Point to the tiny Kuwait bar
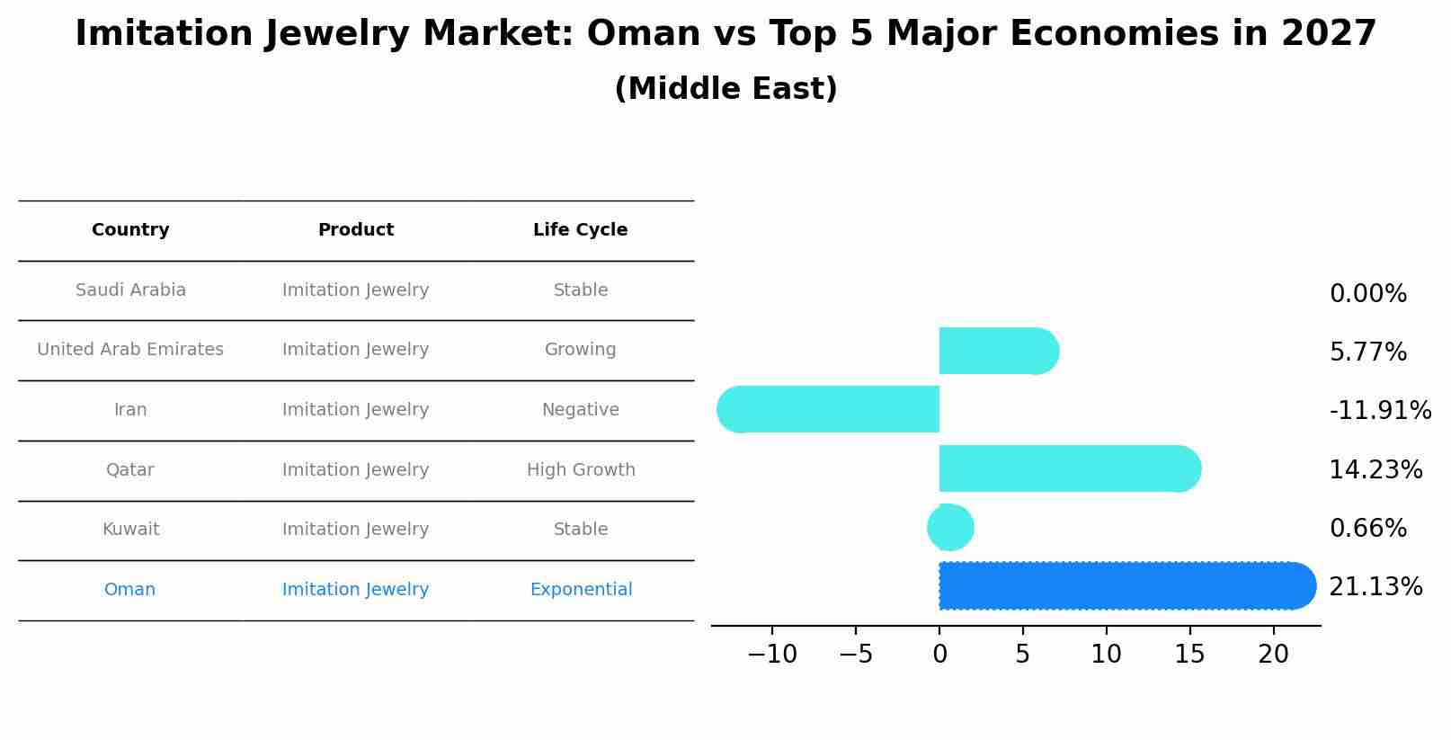tap(950, 528)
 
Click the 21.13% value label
tap(1375, 587)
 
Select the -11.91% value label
tap(1380, 411)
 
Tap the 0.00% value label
tap(1367, 294)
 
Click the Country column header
tap(130, 230)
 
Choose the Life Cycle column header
tap(580, 230)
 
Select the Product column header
tap(356, 230)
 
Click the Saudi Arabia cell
tap(130, 290)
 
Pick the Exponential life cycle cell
tap(581, 590)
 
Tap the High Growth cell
tap(581, 470)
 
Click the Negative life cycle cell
tap(580, 410)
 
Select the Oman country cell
tap(129, 590)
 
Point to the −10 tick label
tap(771, 655)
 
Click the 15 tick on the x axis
tap(1189, 655)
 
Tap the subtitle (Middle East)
tap(725, 89)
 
